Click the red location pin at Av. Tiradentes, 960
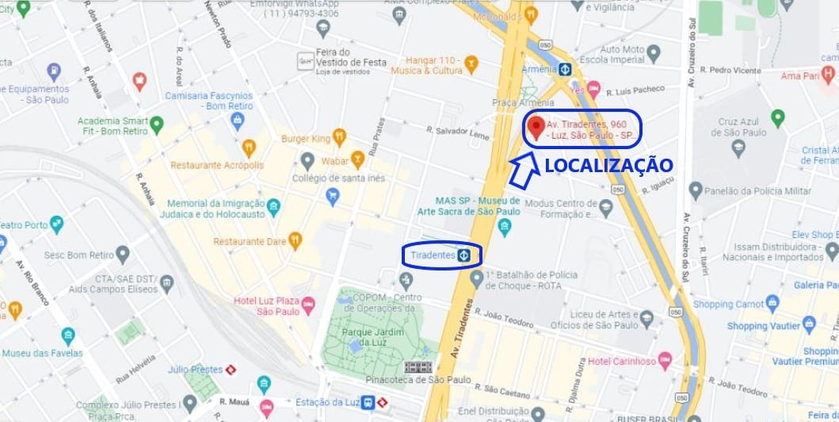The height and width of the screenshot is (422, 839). tap(536, 126)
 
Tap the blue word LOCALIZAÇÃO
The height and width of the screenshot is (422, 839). tap(608, 165)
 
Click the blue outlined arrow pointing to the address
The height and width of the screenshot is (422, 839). tap(521, 171)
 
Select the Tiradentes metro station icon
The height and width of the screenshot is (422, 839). tap(464, 255)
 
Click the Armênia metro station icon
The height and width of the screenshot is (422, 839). tap(565, 69)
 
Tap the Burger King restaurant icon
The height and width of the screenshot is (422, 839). tap(339, 136)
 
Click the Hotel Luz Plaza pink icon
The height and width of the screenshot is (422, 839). tap(309, 303)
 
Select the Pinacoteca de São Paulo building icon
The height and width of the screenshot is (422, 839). tap(419, 367)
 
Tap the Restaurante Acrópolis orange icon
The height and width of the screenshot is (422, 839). tap(249, 147)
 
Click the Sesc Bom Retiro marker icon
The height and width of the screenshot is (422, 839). tap(122, 255)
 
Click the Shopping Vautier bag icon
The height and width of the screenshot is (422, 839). tap(809, 324)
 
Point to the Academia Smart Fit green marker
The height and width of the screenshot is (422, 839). tap(157, 124)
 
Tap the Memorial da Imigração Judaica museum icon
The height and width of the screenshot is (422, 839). tap(273, 207)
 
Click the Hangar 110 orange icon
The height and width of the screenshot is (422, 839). tap(471, 63)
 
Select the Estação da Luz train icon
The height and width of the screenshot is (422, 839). tap(368, 403)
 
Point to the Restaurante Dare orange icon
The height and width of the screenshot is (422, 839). tap(295, 240)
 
